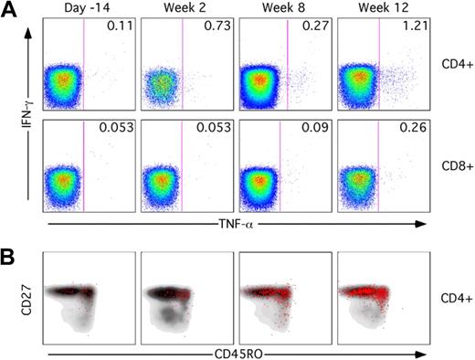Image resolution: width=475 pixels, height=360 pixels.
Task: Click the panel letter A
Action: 10,12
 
